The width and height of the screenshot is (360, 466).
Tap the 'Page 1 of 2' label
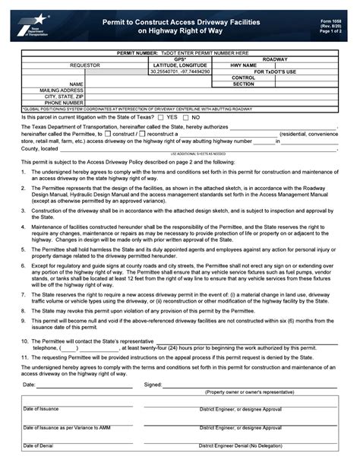pyautogui.click(x=331, y=31)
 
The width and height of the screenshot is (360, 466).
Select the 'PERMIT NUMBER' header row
pyautogui.click(x=179, y=52)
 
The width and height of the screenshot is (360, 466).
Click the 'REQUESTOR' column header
pyautogui.click(x=85, y=65)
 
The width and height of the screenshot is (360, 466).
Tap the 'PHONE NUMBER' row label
pyautogui.click(x=64, y=103)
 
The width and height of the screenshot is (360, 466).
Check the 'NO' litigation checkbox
pyautogui.click(x=187, y=118)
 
